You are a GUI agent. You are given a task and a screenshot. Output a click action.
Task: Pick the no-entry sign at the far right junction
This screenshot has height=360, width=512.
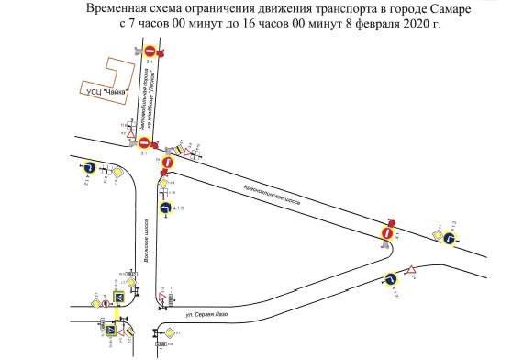tap(388, 234)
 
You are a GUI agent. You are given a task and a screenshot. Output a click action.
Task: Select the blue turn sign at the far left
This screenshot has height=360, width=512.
tap(89, 168)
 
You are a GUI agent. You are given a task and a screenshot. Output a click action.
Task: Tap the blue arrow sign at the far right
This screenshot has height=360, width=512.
tap(450, 240)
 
